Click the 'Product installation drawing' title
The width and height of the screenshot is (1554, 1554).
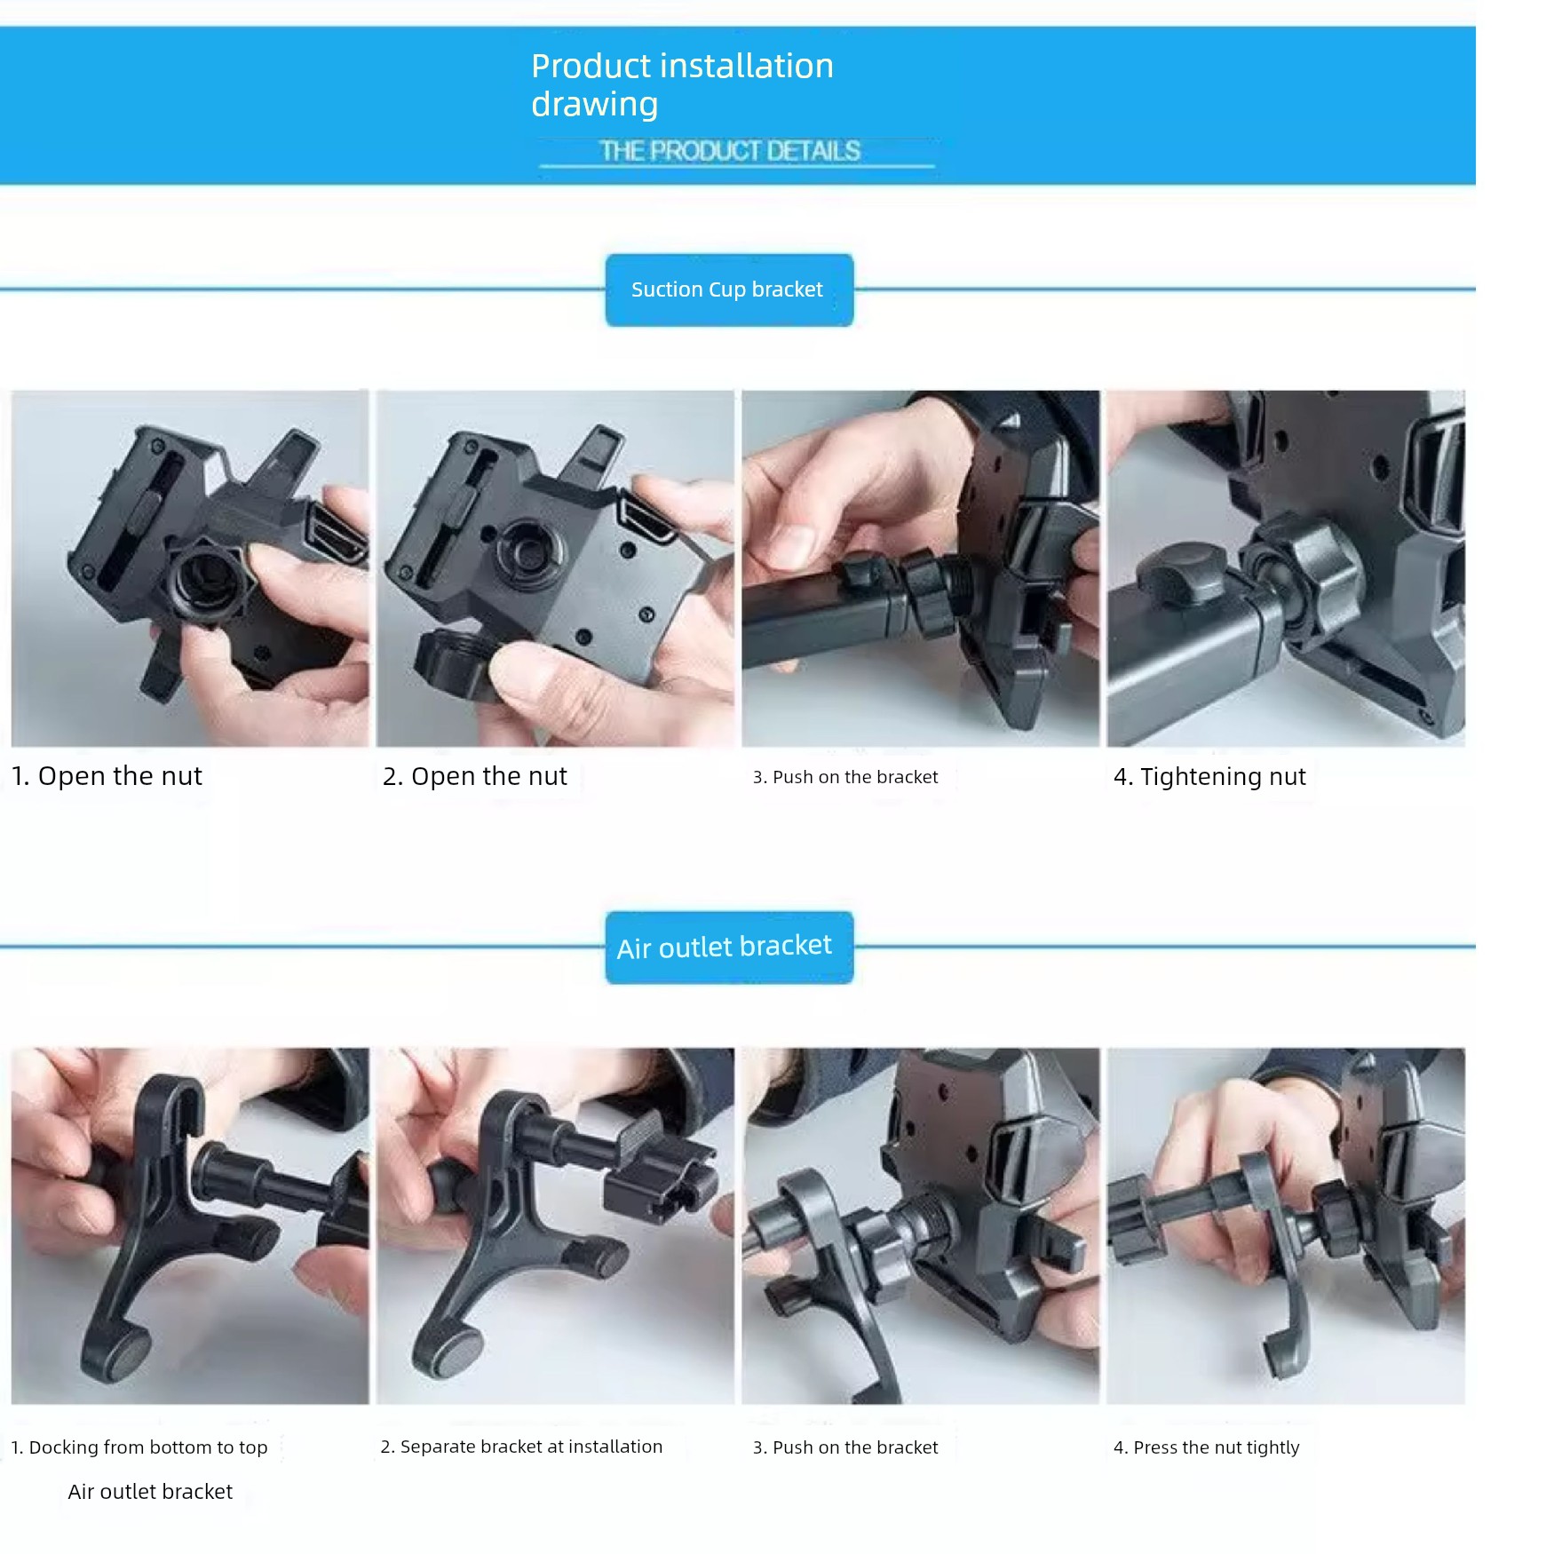682,84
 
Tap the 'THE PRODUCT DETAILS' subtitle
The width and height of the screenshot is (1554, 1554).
730,151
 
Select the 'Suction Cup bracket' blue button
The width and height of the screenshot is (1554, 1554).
729,289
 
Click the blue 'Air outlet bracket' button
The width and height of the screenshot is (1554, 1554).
729,947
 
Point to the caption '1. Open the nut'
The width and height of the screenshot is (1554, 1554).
107,776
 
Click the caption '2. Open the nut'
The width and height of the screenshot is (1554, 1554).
474,776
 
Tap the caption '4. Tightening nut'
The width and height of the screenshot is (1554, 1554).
1209,777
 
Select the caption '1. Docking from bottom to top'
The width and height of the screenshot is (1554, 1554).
139,1447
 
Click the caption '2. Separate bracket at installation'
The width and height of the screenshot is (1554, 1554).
521,1447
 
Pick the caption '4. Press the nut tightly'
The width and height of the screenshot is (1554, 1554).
1206,1447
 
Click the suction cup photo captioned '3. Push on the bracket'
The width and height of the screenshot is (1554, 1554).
920,568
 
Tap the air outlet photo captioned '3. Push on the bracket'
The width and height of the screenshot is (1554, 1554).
920,1225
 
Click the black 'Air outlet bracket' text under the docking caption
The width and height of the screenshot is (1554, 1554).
150,1492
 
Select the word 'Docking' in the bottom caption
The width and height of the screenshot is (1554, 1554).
63,1448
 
